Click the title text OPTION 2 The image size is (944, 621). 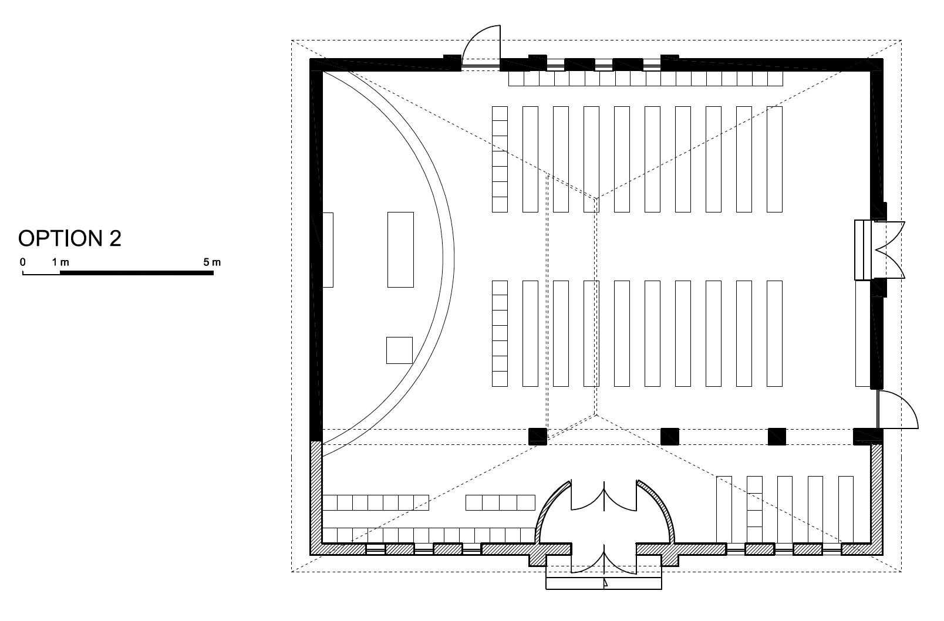70,238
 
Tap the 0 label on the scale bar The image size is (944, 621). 23,262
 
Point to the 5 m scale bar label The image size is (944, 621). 212,262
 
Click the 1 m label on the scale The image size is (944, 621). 60,262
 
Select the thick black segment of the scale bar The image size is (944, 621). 137,273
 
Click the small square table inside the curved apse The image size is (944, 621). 400,350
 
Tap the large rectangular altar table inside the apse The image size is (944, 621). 400,250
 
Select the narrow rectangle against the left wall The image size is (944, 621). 328,250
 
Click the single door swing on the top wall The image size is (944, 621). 481,46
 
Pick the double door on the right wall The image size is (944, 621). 890,250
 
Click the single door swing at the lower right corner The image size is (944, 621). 898,410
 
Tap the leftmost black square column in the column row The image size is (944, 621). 538,437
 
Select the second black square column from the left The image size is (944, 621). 670,437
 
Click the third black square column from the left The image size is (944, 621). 777,437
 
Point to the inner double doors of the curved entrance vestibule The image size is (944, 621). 604,496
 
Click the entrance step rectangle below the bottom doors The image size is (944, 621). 604,583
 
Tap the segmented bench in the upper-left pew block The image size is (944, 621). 500,159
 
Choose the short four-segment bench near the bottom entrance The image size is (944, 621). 500,502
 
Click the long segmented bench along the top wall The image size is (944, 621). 646,79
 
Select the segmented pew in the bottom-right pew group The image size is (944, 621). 754,509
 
